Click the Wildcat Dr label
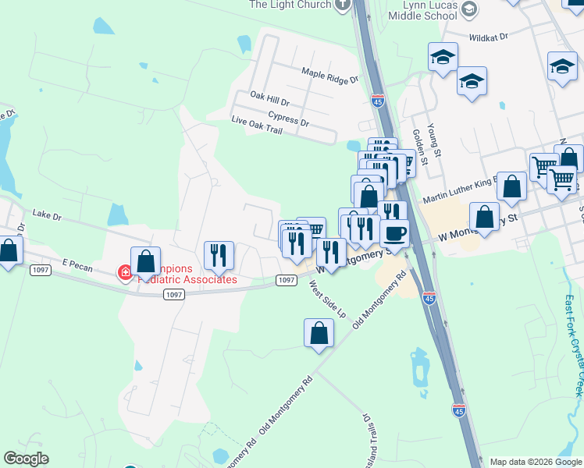489,37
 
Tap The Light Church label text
290,5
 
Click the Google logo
26,459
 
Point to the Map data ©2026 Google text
535,462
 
